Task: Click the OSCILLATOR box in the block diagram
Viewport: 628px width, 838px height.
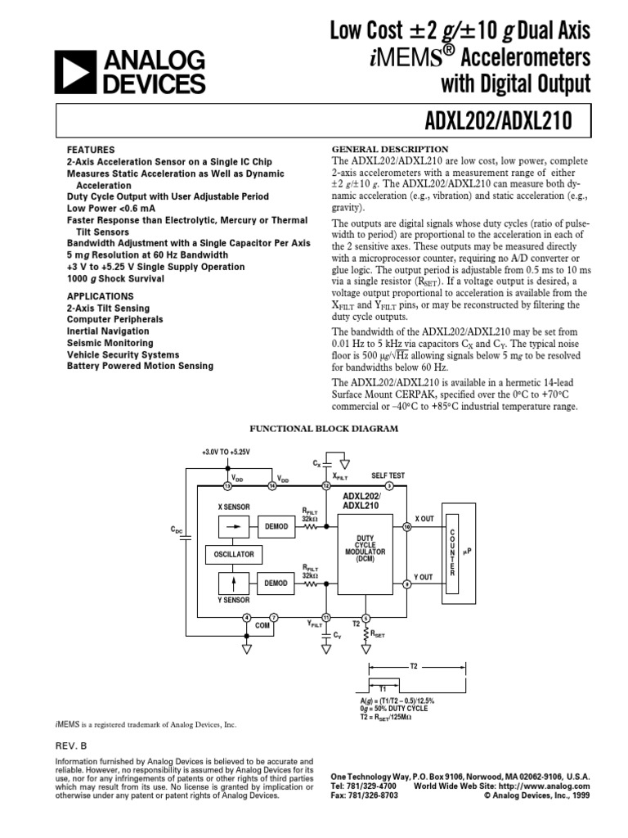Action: tap(234, 555)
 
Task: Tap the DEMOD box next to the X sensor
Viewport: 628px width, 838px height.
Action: tap(276, 527)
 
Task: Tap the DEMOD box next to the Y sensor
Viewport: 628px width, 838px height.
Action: tap(276, 583)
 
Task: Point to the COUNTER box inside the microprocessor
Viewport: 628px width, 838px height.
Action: tap(452, 549)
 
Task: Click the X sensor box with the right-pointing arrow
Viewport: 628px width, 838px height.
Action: tap(233, 527)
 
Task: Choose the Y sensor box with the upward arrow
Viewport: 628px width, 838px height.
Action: tap(233, 583)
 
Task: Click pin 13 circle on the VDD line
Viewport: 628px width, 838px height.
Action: tap(227, 486)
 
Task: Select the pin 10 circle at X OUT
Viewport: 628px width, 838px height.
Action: tap(407, 527)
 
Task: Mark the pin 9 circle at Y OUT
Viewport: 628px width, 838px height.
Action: tap(407, 583)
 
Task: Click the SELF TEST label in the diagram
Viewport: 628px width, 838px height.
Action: tap(388, 475)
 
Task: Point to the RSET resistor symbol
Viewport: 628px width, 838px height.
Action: tap(366, 633)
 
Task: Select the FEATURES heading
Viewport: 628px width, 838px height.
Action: tap(91, 151)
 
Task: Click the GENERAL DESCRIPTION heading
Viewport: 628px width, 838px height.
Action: tap(389, 149)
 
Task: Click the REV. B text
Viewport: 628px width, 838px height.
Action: tap(70, 746)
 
